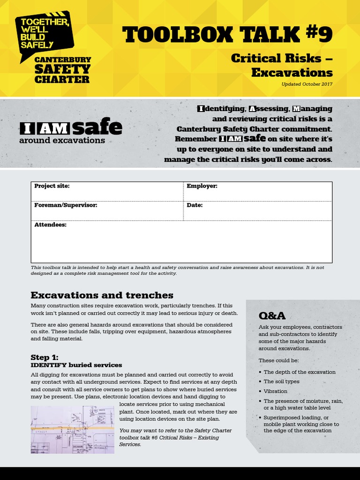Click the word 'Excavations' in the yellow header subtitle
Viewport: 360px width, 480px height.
[292, 73]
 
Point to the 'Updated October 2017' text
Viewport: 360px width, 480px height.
[307, 84]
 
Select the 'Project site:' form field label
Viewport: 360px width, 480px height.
[52, 186]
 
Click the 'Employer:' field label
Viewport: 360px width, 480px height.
[202, 186]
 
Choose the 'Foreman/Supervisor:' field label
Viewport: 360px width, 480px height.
[66, 205]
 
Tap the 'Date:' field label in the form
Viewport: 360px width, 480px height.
[195, 205]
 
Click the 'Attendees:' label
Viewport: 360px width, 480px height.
[50, 225]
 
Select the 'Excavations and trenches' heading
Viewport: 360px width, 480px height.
[102, 295]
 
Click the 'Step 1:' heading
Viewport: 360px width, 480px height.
[45, 357]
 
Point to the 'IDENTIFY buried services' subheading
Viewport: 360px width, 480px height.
[76, 365]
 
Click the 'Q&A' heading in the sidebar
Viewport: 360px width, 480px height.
[272, 315]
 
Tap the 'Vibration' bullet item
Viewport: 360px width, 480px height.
[276, 391]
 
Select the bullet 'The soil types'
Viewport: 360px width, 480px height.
[281, 382]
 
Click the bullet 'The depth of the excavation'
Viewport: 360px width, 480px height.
[300, 372]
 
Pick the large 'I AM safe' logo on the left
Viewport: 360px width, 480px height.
[70, 128]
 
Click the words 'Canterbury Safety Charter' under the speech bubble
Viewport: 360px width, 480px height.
[63, 69]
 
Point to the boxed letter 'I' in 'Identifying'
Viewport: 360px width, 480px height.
[201, 109]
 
